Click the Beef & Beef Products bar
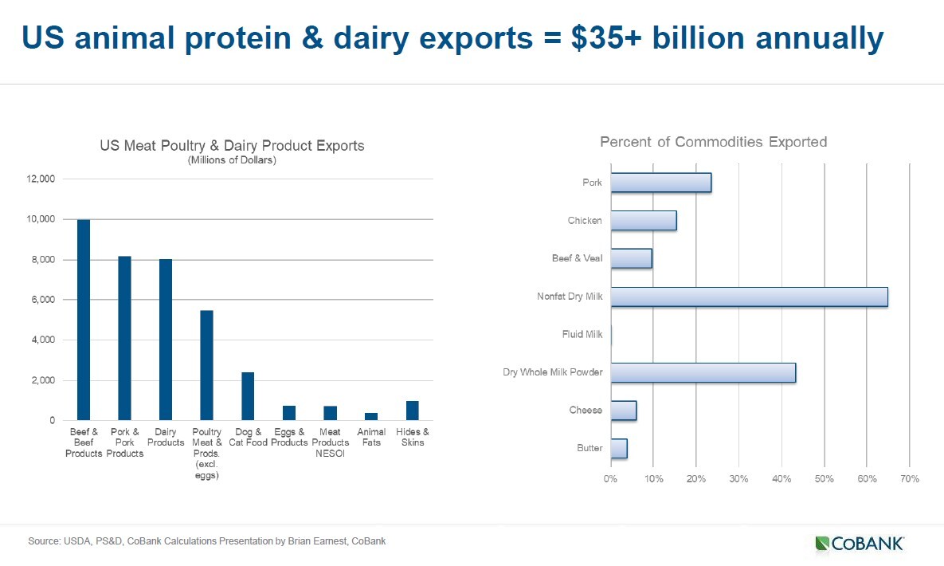coord(83,320)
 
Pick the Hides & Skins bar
coord(412,411)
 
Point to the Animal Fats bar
coord(371,416)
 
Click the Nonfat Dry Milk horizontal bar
coord(749,297)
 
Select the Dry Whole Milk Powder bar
coord(703,372)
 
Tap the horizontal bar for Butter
coord(619,448)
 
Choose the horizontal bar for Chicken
coord(644,221)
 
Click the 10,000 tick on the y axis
coord(40,219)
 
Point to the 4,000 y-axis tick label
coord(42,340)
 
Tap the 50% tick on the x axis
coord(824,479)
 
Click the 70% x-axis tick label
coord(909,479)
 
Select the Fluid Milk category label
coord(582,335)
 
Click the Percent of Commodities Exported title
coord(713,142)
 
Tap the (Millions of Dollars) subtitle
coord(232,160)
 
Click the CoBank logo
coord(860,544)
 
